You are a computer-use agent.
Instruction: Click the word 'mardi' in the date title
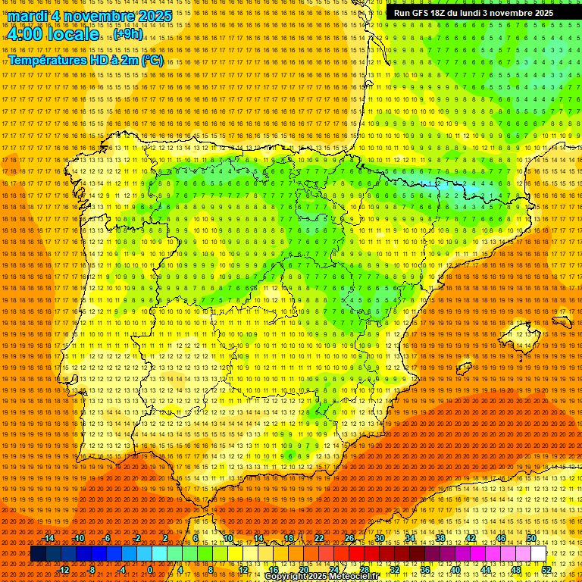(27, 16)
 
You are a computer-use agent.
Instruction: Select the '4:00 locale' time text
(53, 34)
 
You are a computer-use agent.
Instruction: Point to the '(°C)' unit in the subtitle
(152, 60)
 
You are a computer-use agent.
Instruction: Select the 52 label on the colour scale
(546, 570)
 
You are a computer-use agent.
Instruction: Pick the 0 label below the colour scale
(150, 570)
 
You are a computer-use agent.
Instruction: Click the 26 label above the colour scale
(349, 538)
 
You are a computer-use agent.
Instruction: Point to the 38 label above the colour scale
(440, 538)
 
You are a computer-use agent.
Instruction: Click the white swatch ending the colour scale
(539, 554)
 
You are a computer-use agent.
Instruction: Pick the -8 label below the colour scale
(92, 570)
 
